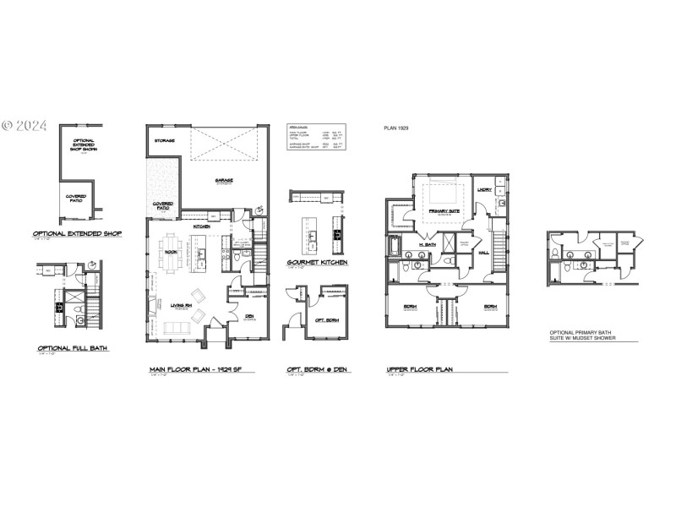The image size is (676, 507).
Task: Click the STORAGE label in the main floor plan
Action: pyautogui.click(x=165, y=140)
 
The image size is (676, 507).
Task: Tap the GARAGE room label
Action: pyautogui.click(x=224, y=179)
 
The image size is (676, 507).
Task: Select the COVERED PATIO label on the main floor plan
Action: pyautogui.click(x=163, y=204)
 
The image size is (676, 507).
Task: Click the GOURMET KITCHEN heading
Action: pyautogui.click(x=317, y=263)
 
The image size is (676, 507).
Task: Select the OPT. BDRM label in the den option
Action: pyautogui.click(x=327, y=320)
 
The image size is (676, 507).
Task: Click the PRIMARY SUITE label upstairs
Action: pyautogui.click(x=443, y=212)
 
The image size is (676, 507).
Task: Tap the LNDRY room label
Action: pyautogui.click(x=484, y=190)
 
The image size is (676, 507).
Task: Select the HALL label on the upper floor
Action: pyautogui.click(x=485, y=252)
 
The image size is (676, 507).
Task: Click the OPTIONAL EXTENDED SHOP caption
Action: pyautogui.click(x=78, y=233)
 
